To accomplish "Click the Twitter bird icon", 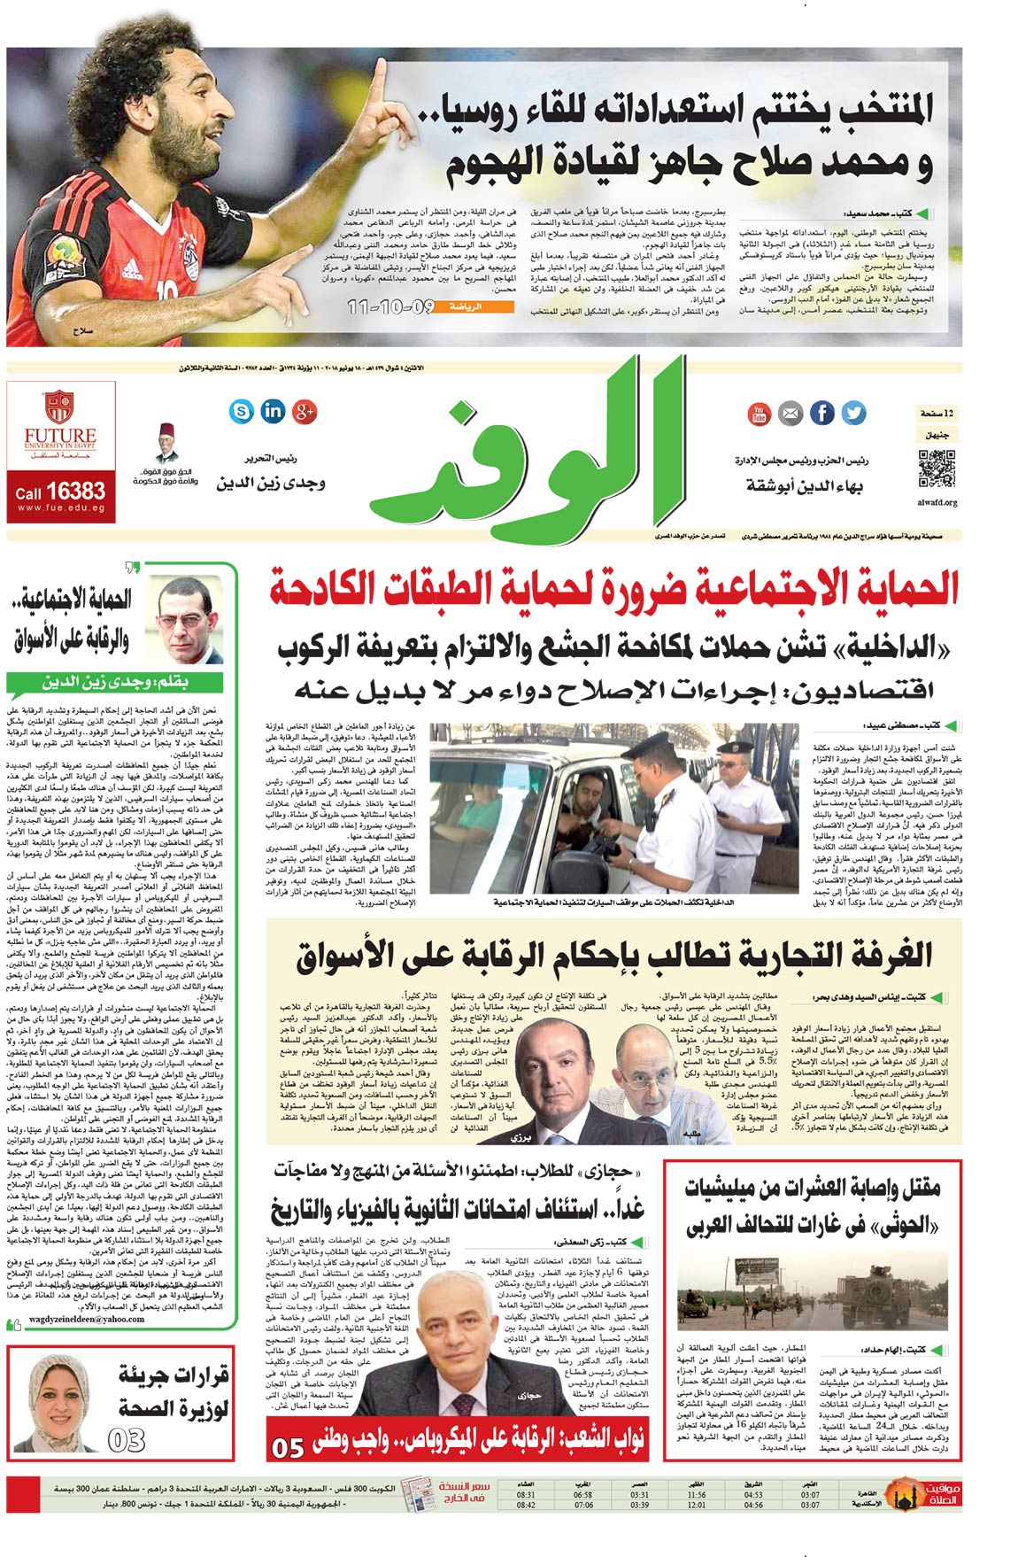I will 853,413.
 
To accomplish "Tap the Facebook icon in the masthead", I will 822,413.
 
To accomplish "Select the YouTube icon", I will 759,413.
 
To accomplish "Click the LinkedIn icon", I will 273,410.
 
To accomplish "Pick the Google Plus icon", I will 305,410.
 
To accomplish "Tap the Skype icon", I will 240,410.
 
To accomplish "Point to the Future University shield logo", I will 59,407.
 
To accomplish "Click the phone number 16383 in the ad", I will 74,492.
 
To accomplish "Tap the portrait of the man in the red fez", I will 166,441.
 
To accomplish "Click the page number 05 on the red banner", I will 289,1447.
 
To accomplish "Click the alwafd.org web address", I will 937,502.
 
